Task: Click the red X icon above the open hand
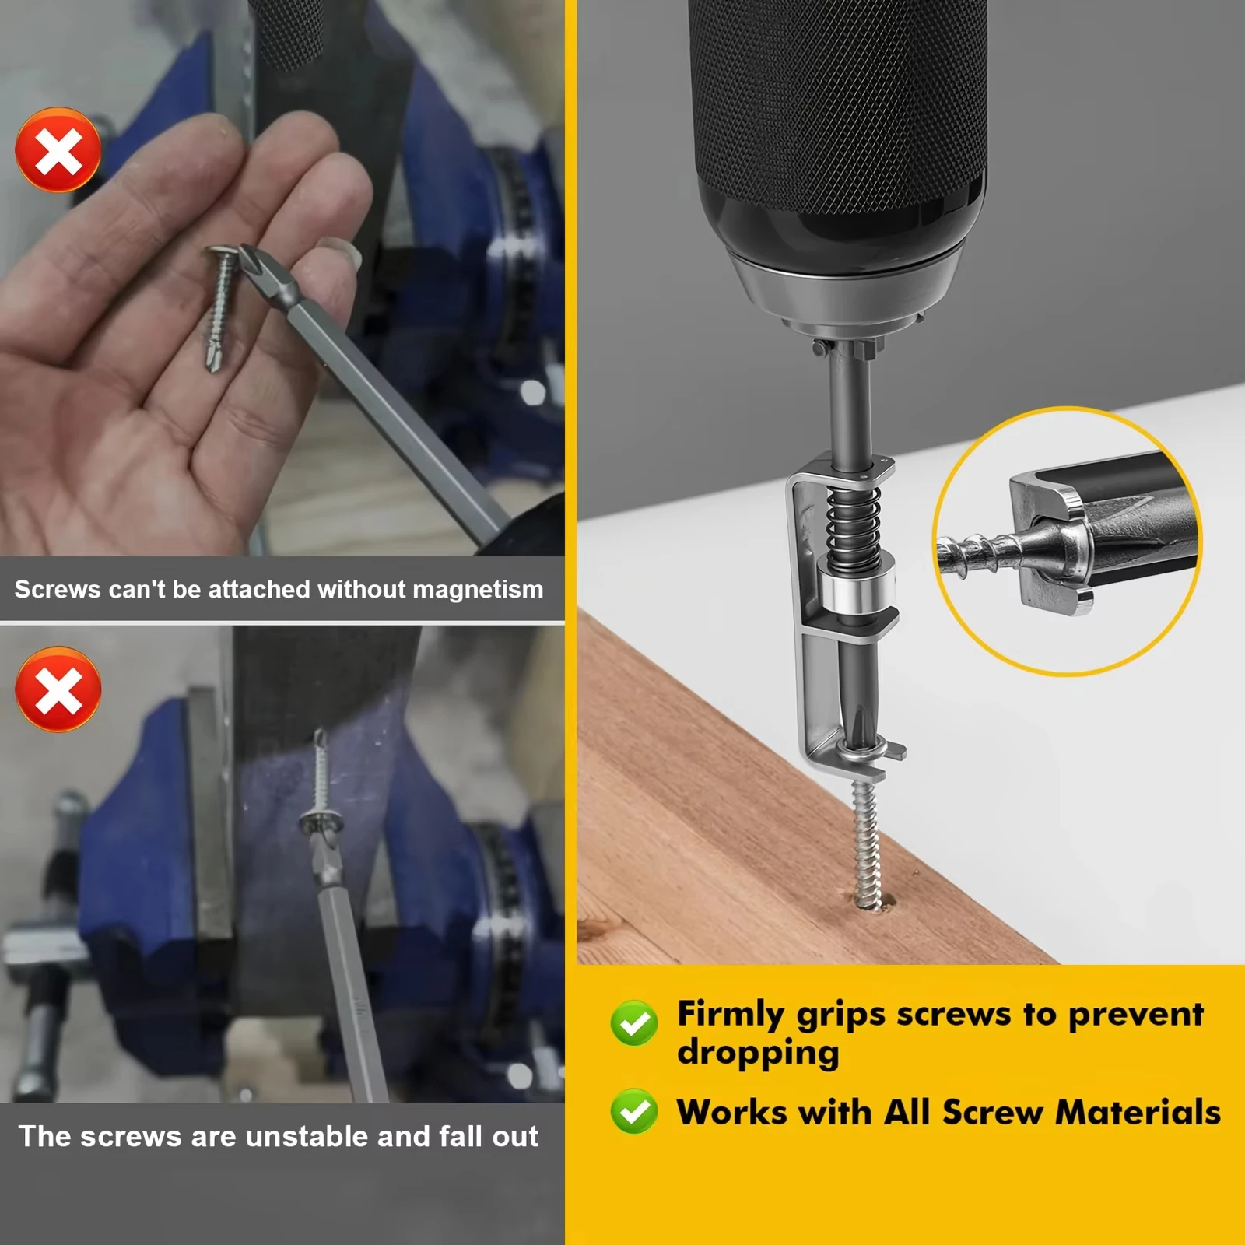tap(58, 150)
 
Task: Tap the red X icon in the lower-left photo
tap(58, 690)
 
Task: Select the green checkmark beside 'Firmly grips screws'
tap(634, 1022)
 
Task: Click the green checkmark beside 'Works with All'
tap(634, 1111)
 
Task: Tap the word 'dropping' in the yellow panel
tap(758, 1054)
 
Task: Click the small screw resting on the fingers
tap(220, 307)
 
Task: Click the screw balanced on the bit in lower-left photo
tap(320, 786)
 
